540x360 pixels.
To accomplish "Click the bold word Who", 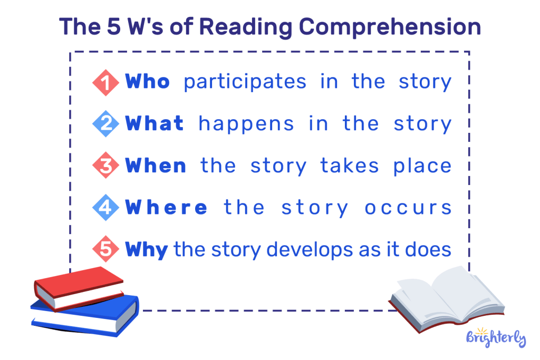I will tap(148, 82).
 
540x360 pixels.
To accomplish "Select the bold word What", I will tap(155, 124).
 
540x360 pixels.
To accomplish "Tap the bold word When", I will tap(156, 166).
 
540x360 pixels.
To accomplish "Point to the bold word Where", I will tap(167, 207).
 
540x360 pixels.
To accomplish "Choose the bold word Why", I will tap(147, 249).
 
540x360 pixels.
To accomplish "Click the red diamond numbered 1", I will tap(107, 82).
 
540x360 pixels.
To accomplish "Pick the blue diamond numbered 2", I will tap(107, 124).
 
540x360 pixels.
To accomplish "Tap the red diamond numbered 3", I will tap(107, 166).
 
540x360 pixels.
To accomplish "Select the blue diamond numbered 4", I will tap(107, 208).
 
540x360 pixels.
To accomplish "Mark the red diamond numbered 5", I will tap(107, 249).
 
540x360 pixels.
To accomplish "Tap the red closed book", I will tap(79, 287).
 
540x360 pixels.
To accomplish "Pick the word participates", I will tap(245, 82).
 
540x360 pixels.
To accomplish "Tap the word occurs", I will tap(408, 208).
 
